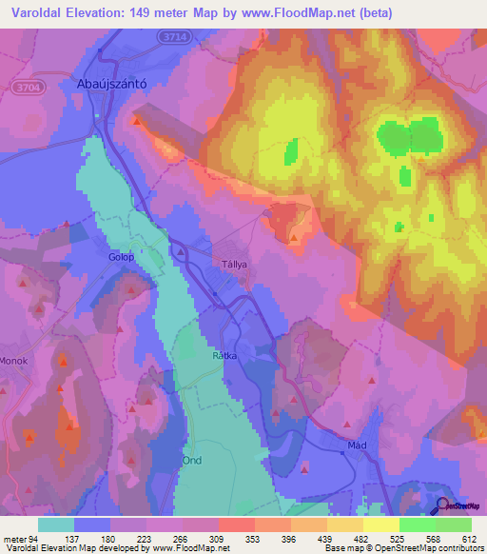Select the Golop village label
coord(120,257)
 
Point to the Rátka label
coord(224,356)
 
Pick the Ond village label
coord(192,459)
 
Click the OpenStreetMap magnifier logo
coord(444,506)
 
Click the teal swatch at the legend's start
coord(56,524)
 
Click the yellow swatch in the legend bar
coord(381,524)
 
